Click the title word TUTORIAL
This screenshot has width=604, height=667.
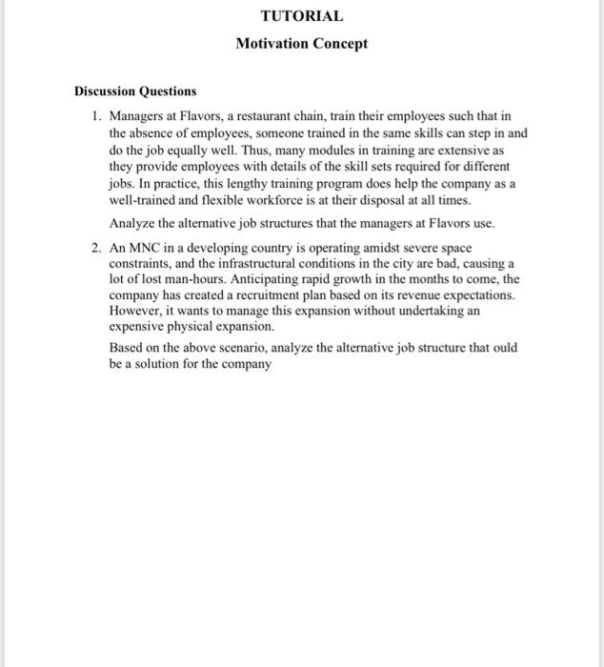pyautogui.click(x=301, y=16)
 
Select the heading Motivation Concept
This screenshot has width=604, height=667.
pyautogui.click(x=301, y=44)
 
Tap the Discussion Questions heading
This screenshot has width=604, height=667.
pyautogui.click(x=135, y=91)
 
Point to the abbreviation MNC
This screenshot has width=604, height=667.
pyautogui.click(x=144, y=247)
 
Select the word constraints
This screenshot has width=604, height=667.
pyautogui.click(x=140, y=263)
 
